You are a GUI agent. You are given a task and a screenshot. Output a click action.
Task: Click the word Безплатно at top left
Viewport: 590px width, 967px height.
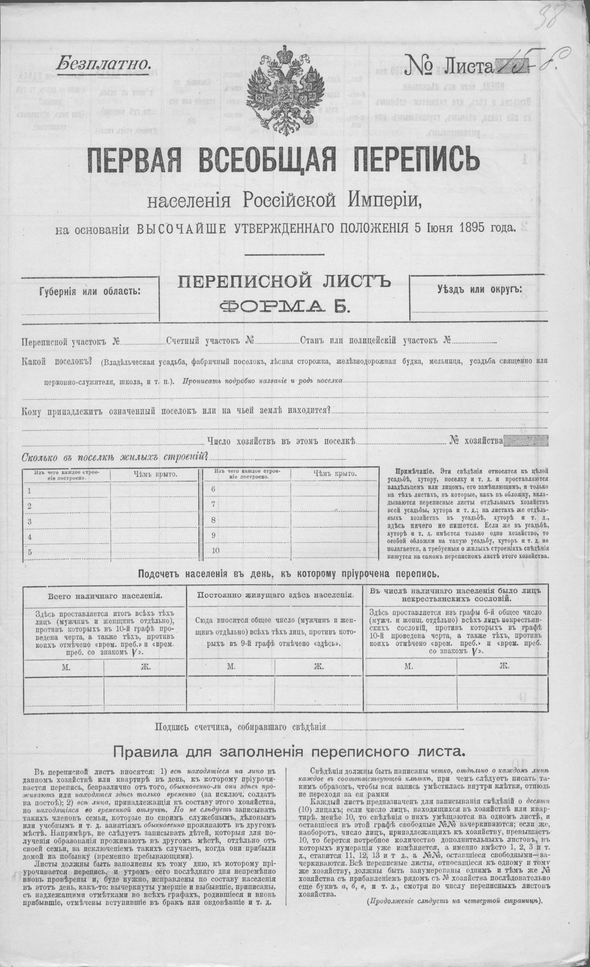[x=103, y=63]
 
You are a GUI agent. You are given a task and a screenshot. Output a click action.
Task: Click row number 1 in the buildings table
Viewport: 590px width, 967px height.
[x=29, y=491]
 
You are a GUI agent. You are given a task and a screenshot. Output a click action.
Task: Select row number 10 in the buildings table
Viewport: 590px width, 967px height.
[x=216, y=550]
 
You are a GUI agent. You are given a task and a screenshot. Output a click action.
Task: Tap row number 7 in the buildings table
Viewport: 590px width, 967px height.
[x=214, y=504]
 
